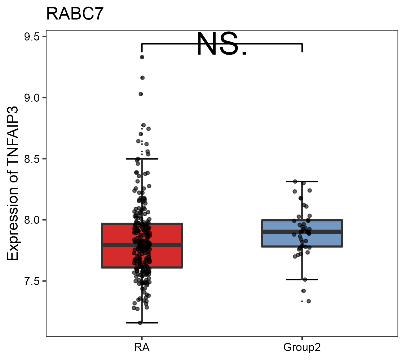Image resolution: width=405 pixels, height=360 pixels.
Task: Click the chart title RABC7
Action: point(75,14)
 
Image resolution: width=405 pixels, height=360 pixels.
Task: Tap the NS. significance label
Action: point(222,44)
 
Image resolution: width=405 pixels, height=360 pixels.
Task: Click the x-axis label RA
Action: point(142,348)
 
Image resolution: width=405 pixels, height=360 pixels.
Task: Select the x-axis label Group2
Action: point(302,348)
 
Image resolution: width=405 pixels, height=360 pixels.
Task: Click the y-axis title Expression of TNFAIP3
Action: point(13,184)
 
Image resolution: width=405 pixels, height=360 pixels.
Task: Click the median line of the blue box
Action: point(324,232)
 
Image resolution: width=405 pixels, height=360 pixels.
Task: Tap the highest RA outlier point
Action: point(142,57)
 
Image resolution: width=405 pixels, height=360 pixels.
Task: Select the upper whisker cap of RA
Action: point(142,159)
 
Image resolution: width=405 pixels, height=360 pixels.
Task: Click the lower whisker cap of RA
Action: point(142,323)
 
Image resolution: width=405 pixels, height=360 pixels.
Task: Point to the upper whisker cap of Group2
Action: point(302,181)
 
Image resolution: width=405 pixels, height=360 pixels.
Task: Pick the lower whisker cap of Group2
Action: point(302,280)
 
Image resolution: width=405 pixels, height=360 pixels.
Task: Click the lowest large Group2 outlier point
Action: point(308,301)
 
